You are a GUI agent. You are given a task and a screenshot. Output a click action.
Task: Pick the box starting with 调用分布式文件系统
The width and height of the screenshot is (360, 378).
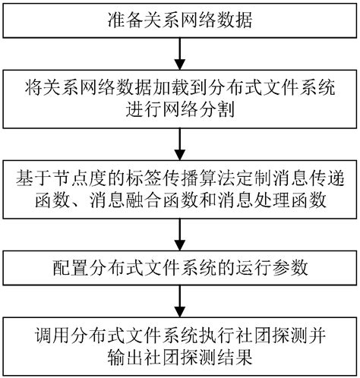[x=179, y=347]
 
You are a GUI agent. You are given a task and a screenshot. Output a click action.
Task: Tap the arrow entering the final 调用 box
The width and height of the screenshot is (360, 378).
[x=179, y=302]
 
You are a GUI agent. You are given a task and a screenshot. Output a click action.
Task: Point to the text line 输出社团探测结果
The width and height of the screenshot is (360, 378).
[x=179, y=357]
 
